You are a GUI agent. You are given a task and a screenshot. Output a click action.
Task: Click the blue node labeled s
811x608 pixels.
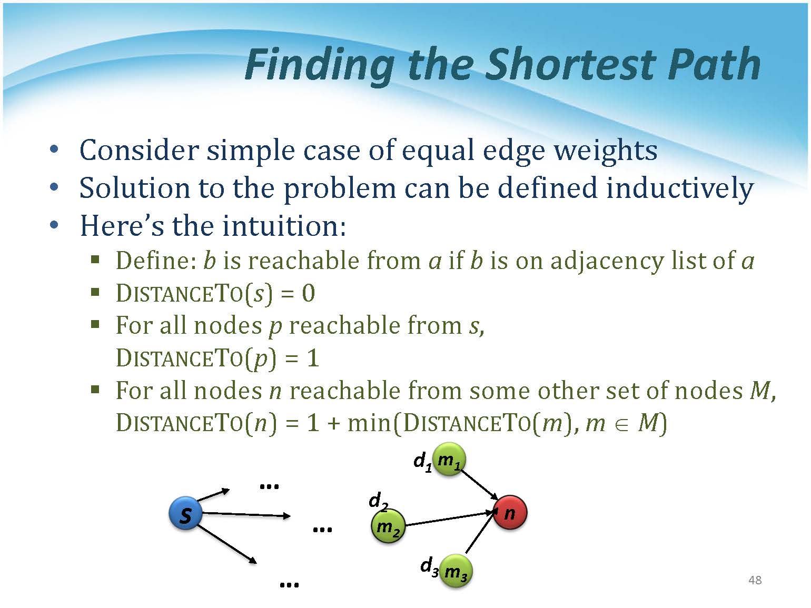tap(185, 513)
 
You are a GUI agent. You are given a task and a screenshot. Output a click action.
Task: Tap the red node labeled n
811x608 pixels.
tap(510, 512)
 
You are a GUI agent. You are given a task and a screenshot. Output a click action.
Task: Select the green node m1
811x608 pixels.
tap(449, 459)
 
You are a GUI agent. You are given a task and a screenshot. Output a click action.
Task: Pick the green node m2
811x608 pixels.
tap(388, 526)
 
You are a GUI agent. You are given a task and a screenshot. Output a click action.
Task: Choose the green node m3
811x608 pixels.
tap(456, 571)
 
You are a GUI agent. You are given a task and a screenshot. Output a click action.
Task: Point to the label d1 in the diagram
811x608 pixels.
tap(422, 462)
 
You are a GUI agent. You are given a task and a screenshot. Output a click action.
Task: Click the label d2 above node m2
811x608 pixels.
tap(378, 502)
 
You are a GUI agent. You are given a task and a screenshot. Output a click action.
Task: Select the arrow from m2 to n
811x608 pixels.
tap(450, 519)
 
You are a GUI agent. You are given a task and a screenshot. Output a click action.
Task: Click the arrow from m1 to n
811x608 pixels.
tap(480, 484)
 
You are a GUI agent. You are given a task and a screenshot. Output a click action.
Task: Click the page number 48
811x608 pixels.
tap(755, 580)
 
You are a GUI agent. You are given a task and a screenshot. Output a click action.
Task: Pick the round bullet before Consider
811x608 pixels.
tap(54, 149)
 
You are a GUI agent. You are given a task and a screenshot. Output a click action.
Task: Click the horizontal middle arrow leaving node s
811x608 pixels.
tap(246, 515)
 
